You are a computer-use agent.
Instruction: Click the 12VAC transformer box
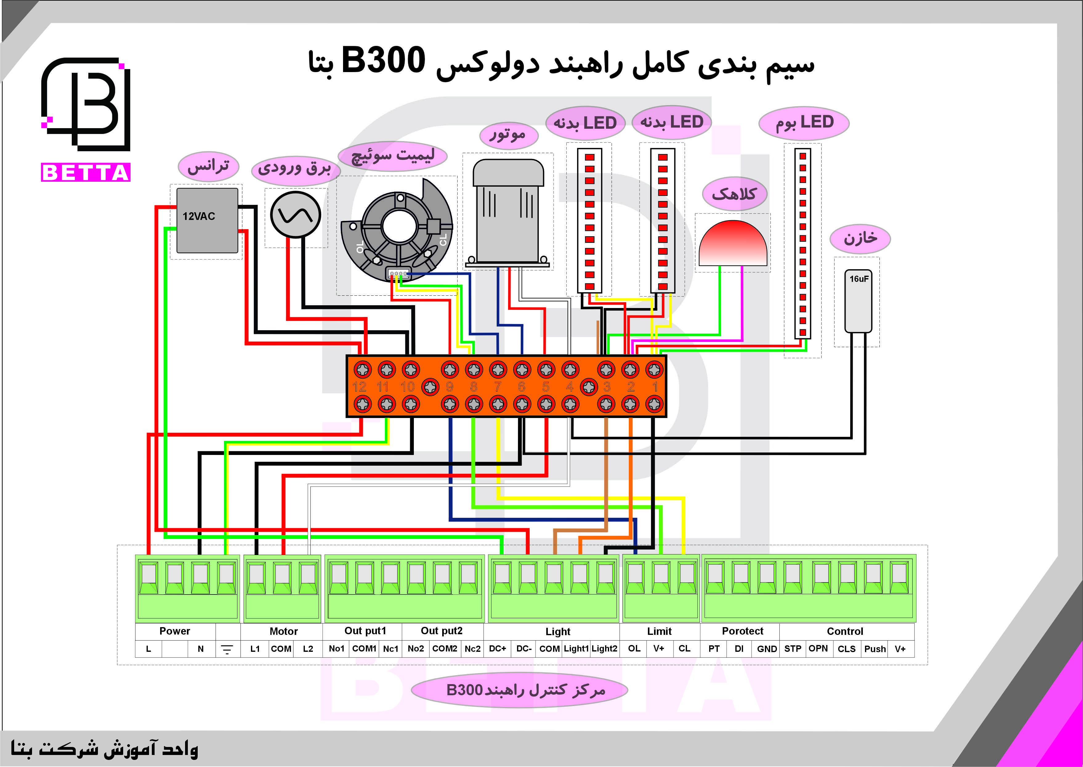pyautogui.click(x=207, y=221)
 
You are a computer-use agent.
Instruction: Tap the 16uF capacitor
pyautogui.click(x=858, y=301)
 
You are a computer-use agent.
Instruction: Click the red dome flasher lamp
pyautogui.click(x=733, y=243)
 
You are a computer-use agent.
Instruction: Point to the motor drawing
pyautogui.click(x=508, y=213)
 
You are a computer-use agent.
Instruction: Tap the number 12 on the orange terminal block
pyautogui.click(x=359, y=387)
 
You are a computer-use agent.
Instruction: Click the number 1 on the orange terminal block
pyautogui.click(x=655, y=387)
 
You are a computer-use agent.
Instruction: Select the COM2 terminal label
pyautogui.click(x=445, y=648)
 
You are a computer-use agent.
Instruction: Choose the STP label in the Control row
pyautogui.click(x=793, y=648)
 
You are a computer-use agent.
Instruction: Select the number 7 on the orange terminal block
pyautogui.click(x=498, y=387)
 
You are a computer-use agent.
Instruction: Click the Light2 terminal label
pyautogui.click(x=604, y=648)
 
